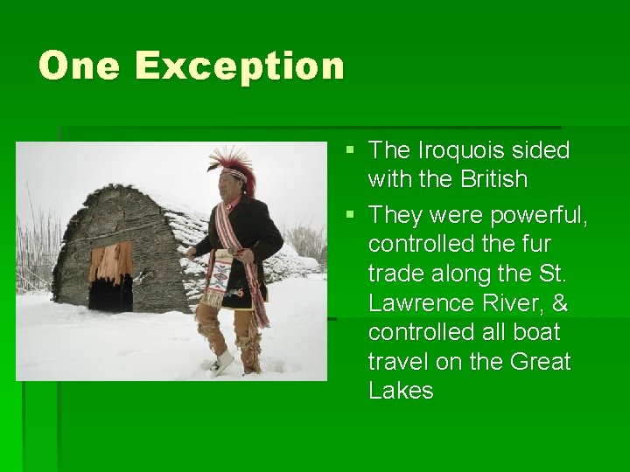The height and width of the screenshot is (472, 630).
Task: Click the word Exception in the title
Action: [239, 66]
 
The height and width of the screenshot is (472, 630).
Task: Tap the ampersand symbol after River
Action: [556, 302]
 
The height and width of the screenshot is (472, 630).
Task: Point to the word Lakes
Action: [401, 391]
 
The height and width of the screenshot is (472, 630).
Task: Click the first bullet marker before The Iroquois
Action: [350, 151]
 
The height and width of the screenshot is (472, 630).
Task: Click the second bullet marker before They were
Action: [350, 215]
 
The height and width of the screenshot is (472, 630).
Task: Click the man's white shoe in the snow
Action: [221, 363]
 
